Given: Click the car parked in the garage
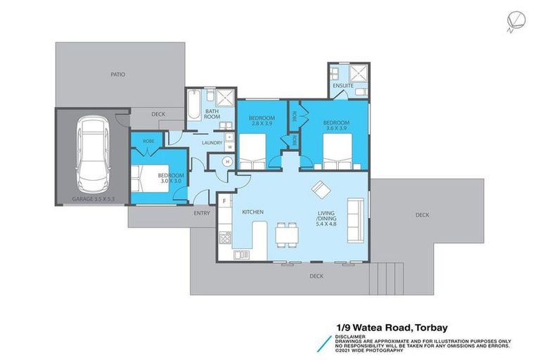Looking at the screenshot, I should pos(91,156).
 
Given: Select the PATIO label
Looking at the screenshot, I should pos(117,74).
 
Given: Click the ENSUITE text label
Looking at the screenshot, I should pos(343,86).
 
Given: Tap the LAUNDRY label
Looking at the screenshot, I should pos(212,143).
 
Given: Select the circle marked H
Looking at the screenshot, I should pos(227,162).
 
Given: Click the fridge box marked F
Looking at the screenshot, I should pos(224,201).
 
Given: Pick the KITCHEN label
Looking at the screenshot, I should pos(252,212).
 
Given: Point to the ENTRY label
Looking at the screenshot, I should pos(202,213).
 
